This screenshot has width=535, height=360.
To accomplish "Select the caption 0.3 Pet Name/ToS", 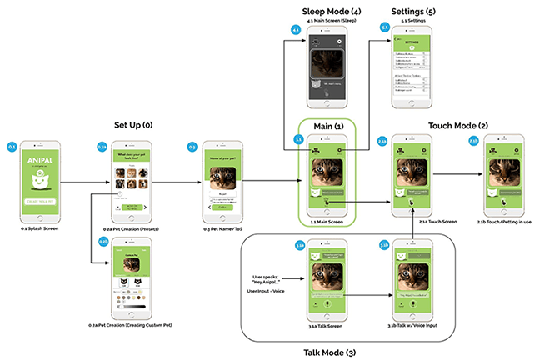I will coord(222,227).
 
